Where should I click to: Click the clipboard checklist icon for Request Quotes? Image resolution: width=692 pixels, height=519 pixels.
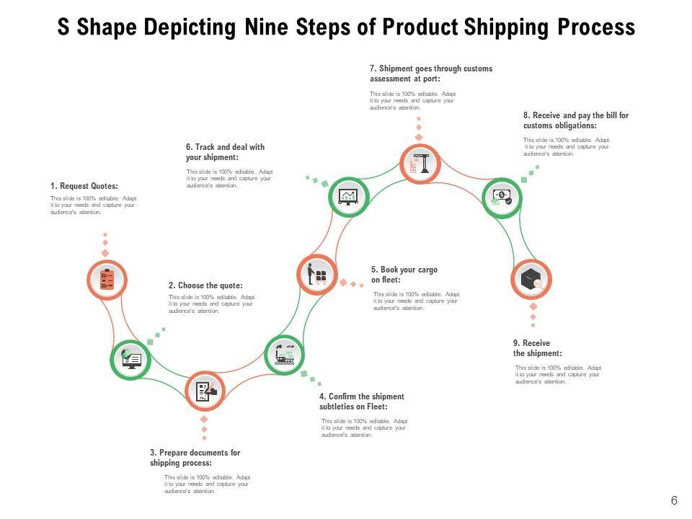107,279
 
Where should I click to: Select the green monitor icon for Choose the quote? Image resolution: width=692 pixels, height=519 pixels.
131,358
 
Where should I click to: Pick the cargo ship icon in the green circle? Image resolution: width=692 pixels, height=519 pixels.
285,354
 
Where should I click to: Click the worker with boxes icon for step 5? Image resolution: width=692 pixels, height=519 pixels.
317,275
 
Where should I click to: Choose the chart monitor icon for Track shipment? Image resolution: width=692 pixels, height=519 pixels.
349,197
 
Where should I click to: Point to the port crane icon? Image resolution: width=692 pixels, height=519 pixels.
420,164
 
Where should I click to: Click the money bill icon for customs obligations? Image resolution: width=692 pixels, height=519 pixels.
501,197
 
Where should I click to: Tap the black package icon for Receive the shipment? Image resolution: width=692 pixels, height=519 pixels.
531,280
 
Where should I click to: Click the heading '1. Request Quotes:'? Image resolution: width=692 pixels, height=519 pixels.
84,186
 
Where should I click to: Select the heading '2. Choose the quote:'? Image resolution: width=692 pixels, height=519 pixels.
205,285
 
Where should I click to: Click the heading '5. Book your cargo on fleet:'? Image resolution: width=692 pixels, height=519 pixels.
404,275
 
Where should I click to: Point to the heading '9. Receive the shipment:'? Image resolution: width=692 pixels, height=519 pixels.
537,348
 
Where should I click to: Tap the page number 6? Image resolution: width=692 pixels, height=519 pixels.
674,501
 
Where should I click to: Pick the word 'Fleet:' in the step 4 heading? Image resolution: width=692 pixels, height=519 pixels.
376,407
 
